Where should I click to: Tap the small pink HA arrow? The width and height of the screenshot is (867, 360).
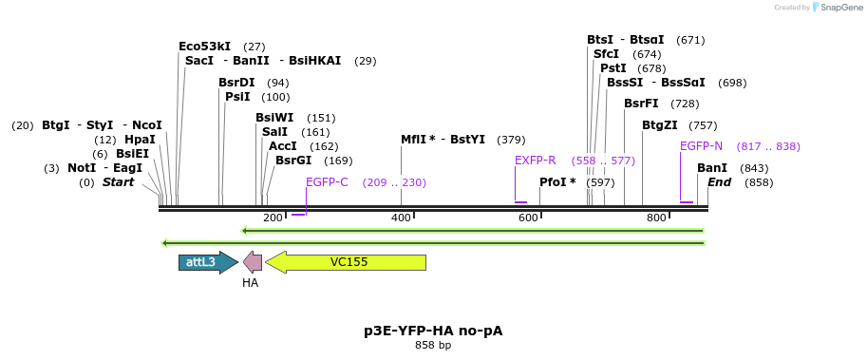point(253,262)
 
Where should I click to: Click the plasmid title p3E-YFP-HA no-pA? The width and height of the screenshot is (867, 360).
point(433,331)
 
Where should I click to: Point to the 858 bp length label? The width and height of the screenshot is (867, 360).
point(433,345)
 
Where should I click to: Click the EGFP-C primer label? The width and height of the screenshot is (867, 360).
point(327,182)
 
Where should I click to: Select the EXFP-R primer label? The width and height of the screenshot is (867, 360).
point(536,161)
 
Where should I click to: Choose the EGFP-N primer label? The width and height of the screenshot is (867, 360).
point(701,146)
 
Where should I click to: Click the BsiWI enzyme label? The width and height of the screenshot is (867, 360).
point(274,118)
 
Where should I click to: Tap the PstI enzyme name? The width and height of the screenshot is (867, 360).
point(613,68)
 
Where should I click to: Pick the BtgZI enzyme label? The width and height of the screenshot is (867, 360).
point(660,125)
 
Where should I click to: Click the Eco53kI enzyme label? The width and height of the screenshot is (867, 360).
point(204,47)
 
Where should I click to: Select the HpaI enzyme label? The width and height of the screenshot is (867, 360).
point(140,140)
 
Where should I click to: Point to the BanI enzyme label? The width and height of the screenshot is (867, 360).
point(712,168)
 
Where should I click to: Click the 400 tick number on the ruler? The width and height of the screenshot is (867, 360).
point(401,218)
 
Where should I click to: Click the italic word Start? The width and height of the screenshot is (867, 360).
point(119,182)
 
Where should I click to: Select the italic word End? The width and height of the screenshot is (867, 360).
point(719,182)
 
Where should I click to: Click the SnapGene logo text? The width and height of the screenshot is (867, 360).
point(841,8)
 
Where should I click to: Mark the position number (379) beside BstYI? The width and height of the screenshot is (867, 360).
point(511,140)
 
